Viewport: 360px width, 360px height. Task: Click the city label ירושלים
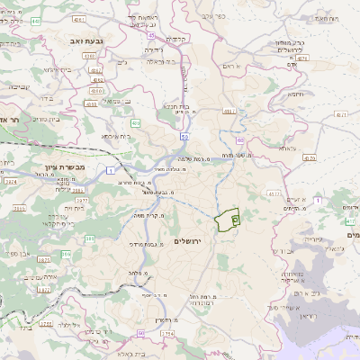coord(191,242)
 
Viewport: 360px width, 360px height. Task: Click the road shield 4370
coord(310,157)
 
